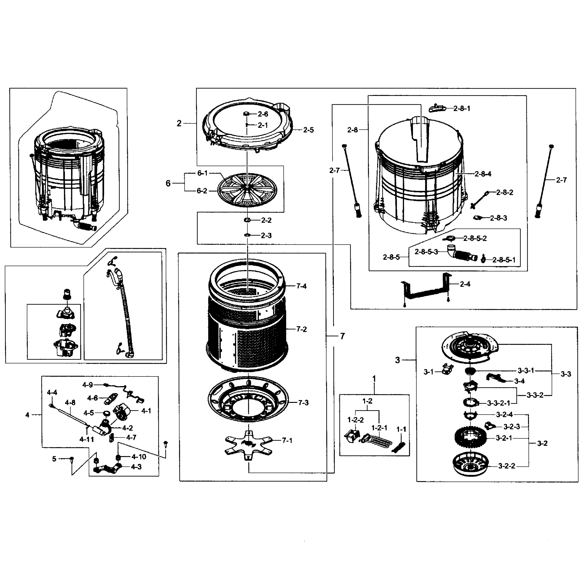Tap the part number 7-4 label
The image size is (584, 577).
(x=301, y=286)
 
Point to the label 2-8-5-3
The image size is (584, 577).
(x=426, y=252)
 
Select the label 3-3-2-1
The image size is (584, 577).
(x=498, y=403)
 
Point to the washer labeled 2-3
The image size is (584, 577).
(x=247, y=235)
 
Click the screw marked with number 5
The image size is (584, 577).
(x=72, y=459)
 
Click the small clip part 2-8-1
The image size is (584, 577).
(x=437, y=108)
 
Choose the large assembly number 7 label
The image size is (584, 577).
(x=342, y=336)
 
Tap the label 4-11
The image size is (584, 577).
(x=87, y=439)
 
